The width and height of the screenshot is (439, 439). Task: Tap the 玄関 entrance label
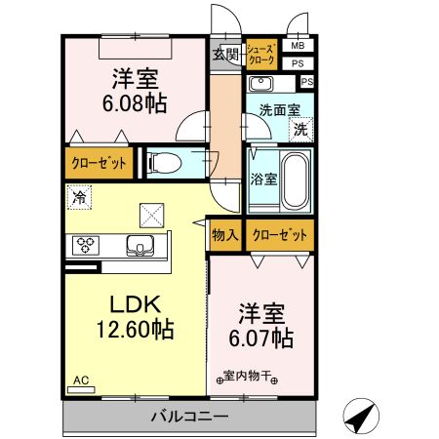click(226, 54)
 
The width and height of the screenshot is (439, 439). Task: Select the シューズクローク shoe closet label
click(261, 53)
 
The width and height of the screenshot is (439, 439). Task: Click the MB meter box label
click(298, 46)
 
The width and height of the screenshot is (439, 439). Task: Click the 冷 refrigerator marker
click(77, 197)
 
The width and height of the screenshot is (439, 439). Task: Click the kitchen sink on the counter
click(141, 245)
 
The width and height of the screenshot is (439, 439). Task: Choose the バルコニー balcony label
click(189, 418)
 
